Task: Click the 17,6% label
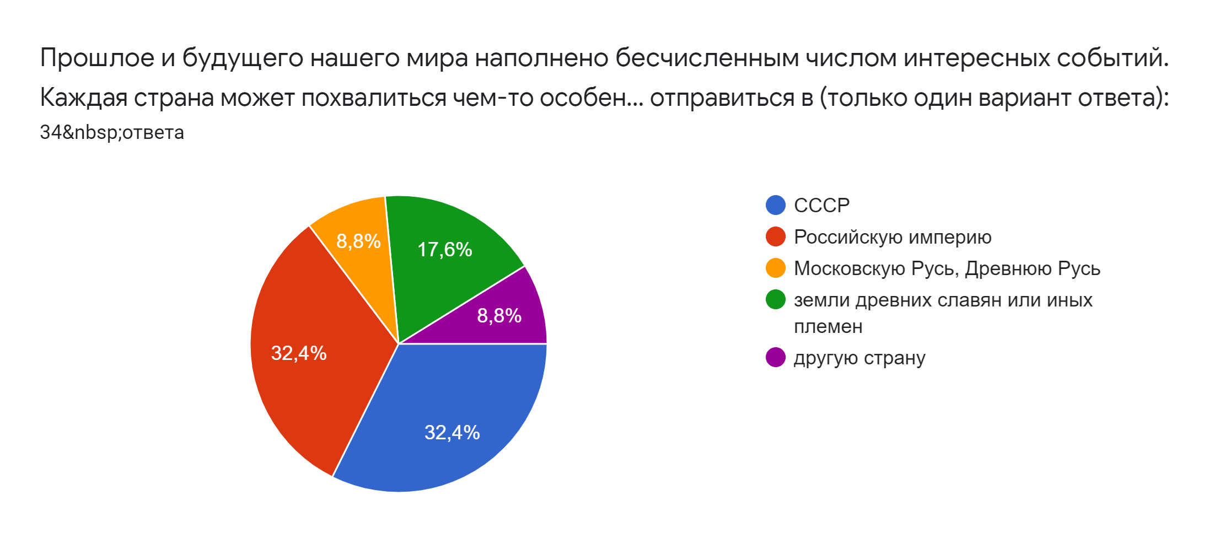pos(444,250)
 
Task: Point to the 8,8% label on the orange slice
pos(358,241)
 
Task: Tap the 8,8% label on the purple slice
pos(499,315)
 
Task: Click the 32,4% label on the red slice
pos(299,353)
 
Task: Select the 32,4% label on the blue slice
pos(452,432)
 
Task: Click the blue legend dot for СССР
pos(776,205)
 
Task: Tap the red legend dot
pos(776,236)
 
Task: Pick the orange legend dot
pos(776,268)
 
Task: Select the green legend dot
pos(776,299)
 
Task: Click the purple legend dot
pos(776,357)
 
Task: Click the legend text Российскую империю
pos(893,237)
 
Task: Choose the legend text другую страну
pos(859,358)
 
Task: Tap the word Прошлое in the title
pos(97,58)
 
